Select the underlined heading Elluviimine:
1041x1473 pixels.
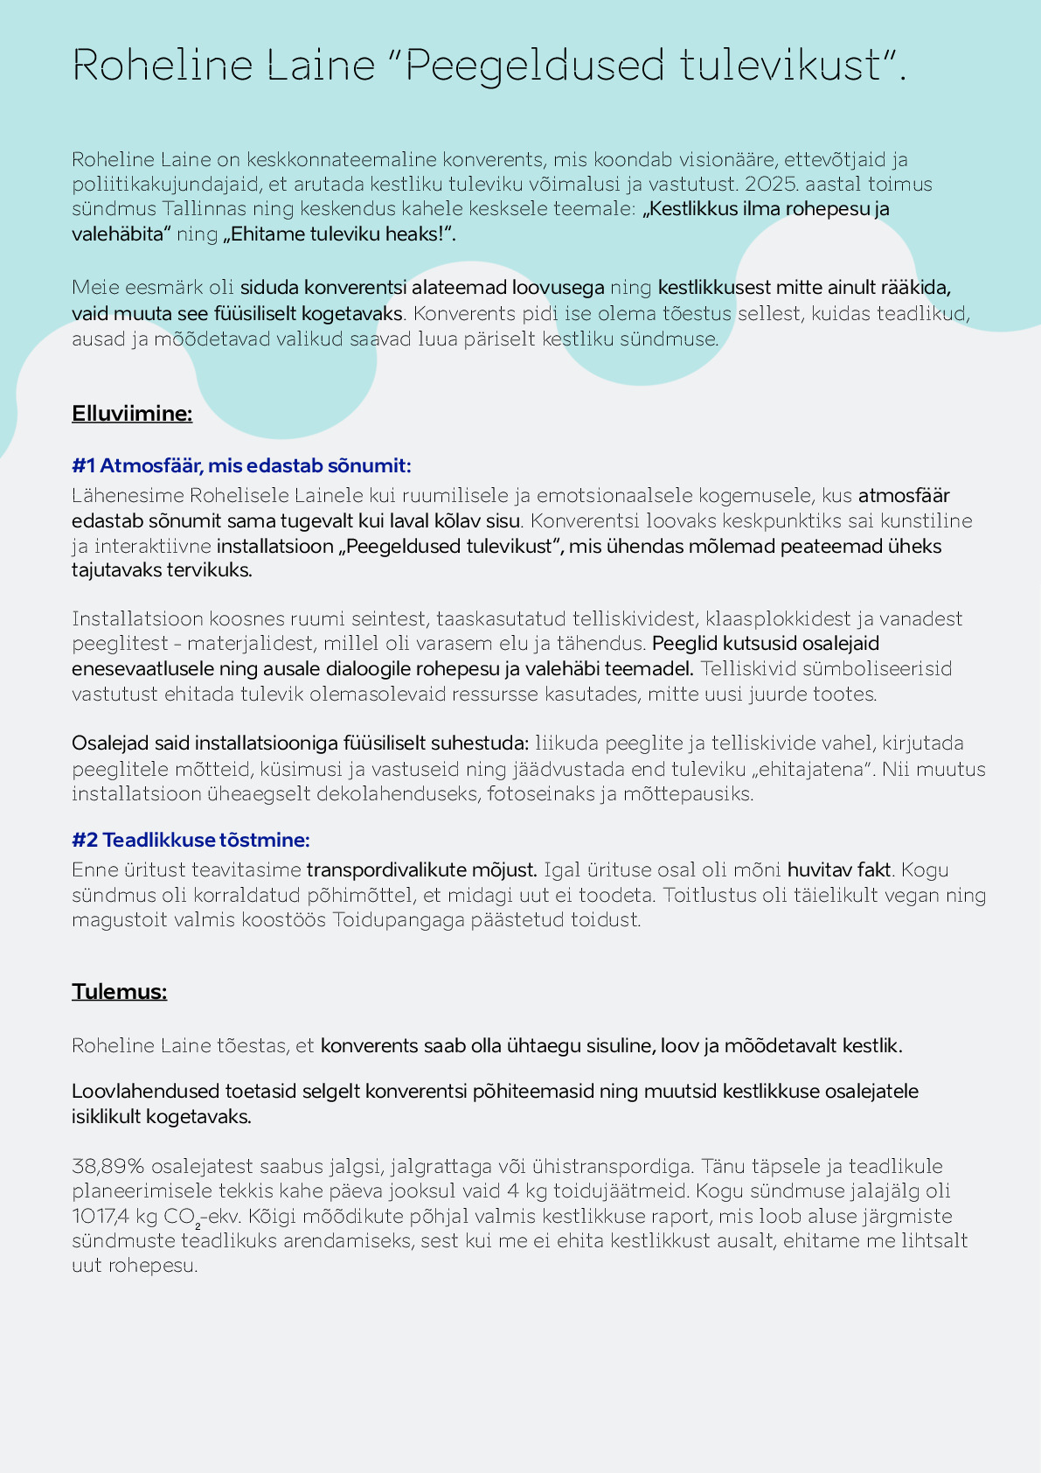pyautogui.click(x=132, y=414)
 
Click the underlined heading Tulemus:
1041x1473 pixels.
pyautogui.click(x=119, y=992)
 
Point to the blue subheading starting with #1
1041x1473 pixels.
pyautogui.click(x=241, y=465)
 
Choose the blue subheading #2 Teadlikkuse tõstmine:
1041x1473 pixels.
pyautogui.click(x=191, y=841)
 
